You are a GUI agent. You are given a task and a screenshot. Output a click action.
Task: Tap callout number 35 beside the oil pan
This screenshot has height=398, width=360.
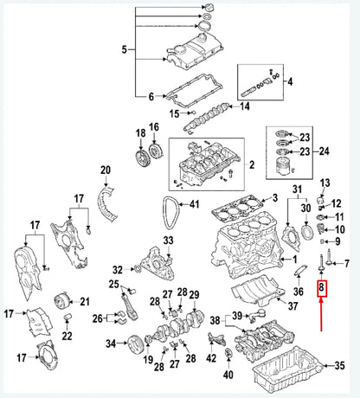pyautogui.click(x=340, y=364)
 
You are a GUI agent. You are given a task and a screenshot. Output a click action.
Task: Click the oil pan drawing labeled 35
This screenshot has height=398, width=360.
pyautogui.click(x=286, y=367)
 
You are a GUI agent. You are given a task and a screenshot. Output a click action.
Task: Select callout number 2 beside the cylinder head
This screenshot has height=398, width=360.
pyautogui.click(x=252, y=164)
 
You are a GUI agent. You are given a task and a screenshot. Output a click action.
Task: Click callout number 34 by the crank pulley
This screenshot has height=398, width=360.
pyautogui.click(x=111, y=343)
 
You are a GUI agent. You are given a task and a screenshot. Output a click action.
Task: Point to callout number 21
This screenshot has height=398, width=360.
pyautogui.click(x=85, y=301)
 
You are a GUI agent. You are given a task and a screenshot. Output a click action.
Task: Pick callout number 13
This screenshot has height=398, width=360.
pyautogui.click(x=325, y=184)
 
